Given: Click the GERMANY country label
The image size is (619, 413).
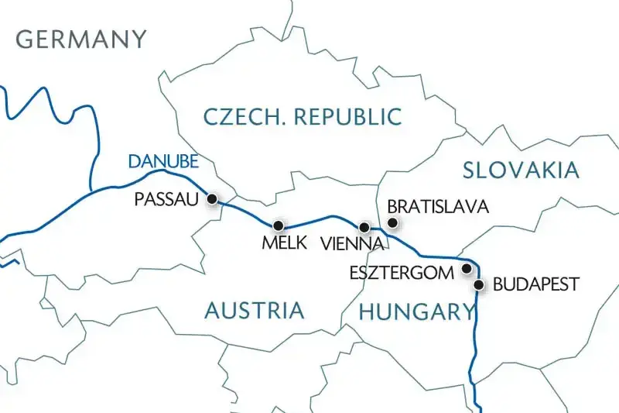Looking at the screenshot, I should [x=81, y=39].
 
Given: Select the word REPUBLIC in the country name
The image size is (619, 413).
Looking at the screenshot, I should [x=350, y=117].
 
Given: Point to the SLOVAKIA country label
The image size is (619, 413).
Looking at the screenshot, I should [x=520, y=170].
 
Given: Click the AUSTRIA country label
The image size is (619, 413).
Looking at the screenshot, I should [x=254, y=311].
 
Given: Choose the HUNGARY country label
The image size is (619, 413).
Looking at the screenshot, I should [x=416, y=312].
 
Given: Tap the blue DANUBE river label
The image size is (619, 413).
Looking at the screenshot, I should [x=163, y=162].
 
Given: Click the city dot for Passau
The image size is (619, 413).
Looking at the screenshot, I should [x=212, y=199].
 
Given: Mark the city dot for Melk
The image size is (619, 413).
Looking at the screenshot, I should [x=279, y=224].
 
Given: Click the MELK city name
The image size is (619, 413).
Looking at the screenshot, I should [x=285, y=243].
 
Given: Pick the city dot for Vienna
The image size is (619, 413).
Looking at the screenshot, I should [x=364, y=227].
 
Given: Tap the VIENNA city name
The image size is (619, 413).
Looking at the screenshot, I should [x=352, y=243].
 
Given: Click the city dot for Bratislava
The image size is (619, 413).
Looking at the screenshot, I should [x=392, y=223].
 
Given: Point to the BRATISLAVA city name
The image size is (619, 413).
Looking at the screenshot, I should [x=437, y=207].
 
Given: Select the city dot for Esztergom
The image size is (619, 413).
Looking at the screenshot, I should [x=466, y=269].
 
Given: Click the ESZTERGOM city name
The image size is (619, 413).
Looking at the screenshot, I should [x=400, y=274].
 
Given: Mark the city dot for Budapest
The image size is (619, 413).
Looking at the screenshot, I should [x=479, y=285].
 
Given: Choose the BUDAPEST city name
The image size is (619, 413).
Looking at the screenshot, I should [x=535, y=284].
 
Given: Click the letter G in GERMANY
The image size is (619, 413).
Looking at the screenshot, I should [x=26, y=39].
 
